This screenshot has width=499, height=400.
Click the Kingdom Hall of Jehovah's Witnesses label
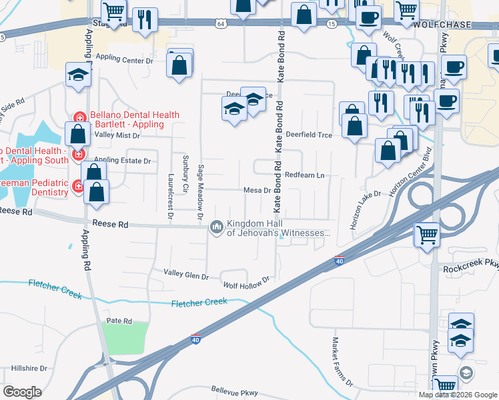tap(278, 228)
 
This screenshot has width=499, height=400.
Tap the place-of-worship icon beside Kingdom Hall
tap(216, 228)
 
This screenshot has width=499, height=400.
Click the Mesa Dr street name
tap(256, 190)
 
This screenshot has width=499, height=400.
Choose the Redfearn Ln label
tap(304, 175)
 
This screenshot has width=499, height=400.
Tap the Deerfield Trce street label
tap(309, 134)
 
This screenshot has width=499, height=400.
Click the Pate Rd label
tap(119, 321)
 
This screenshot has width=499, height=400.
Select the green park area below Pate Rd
tap(126, 339)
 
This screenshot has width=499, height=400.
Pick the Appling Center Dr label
tap(125, 59)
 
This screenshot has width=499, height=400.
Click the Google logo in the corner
tap(23, 392)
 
